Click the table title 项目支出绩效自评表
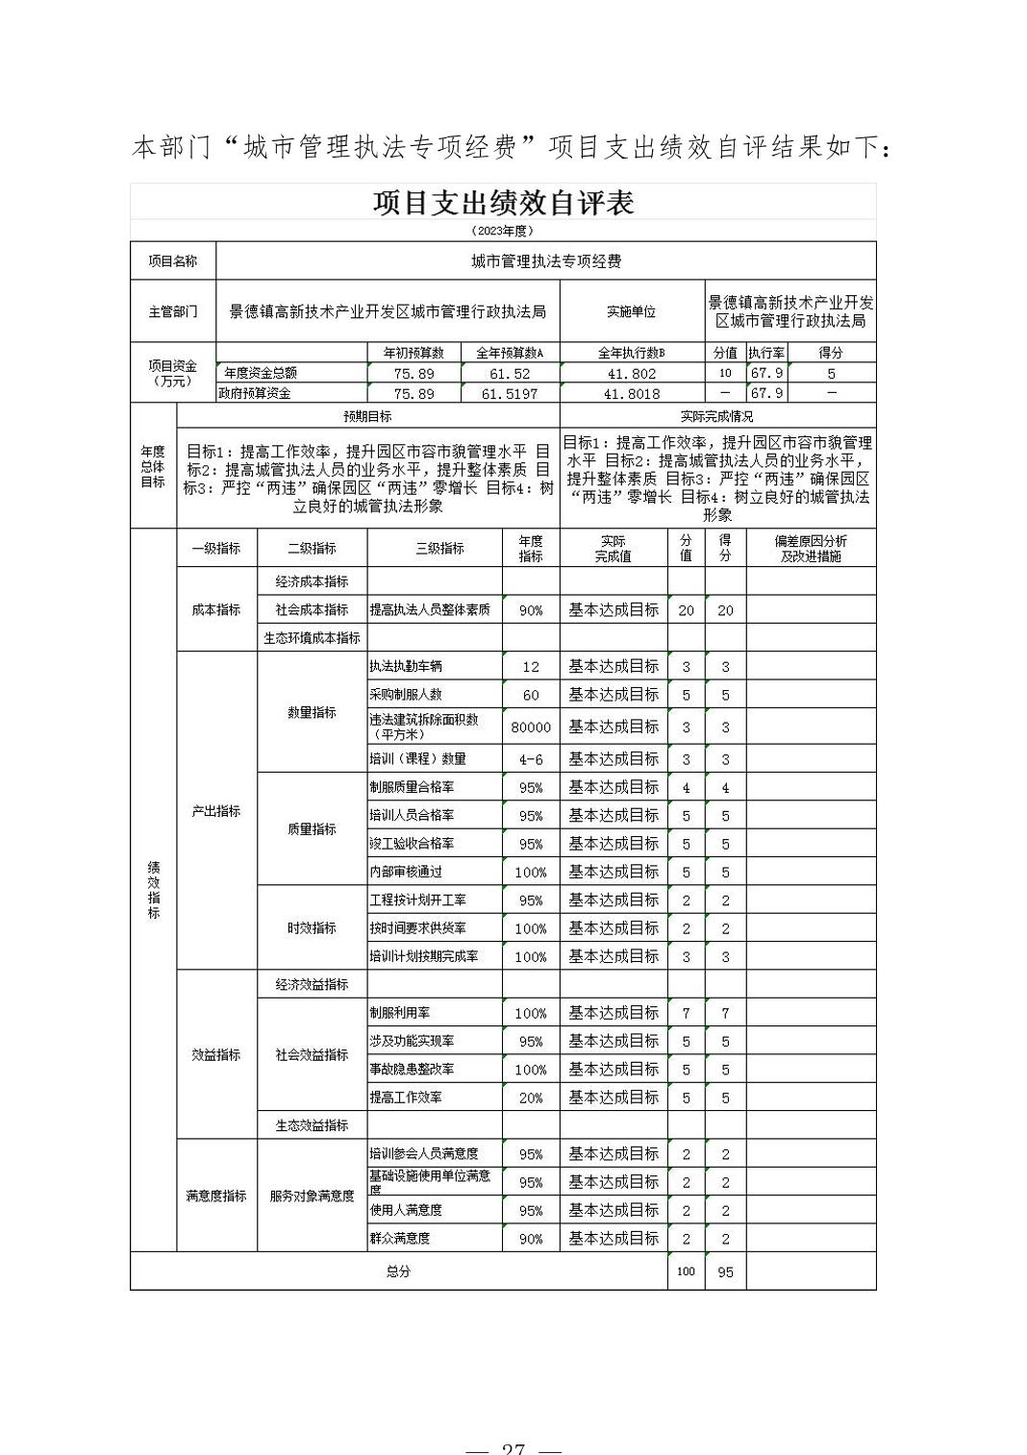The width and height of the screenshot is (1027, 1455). click(x=503, y=203)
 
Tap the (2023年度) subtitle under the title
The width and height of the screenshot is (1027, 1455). click(x=503, y=231)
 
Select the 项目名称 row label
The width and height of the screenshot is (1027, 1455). click(x=173, y=261)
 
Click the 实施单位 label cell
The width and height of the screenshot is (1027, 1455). click(x=631, y=311)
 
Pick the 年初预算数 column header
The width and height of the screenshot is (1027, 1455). click(x=413, y=353)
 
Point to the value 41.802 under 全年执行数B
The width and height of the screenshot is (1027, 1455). click(x=631, y=373)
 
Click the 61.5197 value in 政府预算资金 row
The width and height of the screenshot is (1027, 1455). click(x=510, y=393)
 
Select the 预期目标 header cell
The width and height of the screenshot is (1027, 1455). click(x=367, y=416)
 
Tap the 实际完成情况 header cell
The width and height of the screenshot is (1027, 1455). click(x=716, y=416)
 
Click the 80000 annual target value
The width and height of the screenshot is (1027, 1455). click(x=531, y=727)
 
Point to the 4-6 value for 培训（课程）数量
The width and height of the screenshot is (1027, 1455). click(x=531, y=759)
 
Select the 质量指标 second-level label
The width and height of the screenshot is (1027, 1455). click(x=312, y=828)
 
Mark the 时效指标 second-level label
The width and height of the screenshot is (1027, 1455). click(x=312, y=927)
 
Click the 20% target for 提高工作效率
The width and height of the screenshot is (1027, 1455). click(x=531, y=1097)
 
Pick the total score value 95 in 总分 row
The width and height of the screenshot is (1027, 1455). click(x=725, y=1271)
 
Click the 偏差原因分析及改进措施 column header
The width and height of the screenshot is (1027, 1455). click(x=811, y=548)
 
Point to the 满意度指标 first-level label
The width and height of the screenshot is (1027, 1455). click(x=216, y=1196)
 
